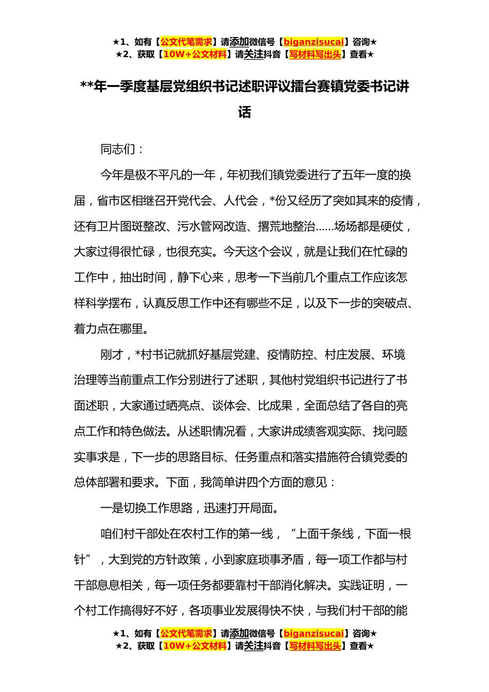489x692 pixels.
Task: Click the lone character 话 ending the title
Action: click(244, 112)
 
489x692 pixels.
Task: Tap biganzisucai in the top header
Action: click(313, 42)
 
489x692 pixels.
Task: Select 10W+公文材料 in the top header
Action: click(195, 54)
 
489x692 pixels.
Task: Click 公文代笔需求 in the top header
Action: click(186, 42)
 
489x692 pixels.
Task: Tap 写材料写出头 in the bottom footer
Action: click(315, 646)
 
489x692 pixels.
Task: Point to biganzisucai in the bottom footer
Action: click(313, 633)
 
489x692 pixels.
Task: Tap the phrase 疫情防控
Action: click(290, 354)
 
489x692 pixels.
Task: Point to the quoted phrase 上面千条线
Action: click(325, 534)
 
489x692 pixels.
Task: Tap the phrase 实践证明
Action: click(361, 585)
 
